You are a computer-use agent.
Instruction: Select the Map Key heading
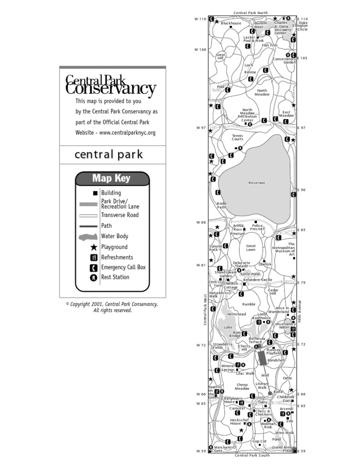click(111, 178)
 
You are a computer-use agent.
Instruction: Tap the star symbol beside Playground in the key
click(94, 247)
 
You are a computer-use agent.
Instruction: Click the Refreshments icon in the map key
click(94, 257)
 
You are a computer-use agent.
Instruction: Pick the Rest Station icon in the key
click(94, 277)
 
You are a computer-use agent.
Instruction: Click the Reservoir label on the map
click(257, 182)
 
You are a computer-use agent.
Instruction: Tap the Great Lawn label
click(251, 248)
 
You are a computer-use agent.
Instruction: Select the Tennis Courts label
click(238, 137)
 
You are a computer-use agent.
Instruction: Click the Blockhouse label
click(231, 23)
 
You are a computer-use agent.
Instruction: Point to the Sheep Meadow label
click(242, 387)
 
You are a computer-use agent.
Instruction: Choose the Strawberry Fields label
click(222, 346)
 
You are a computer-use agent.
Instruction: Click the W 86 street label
click(200, 222)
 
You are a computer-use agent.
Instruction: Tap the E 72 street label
click(301, 344)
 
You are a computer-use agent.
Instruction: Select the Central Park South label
click(252, 455)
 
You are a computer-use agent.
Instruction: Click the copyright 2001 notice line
click(112, 304)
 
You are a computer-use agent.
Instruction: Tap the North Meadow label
click(262, 93)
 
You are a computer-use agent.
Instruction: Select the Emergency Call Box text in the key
click(123, 267)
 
